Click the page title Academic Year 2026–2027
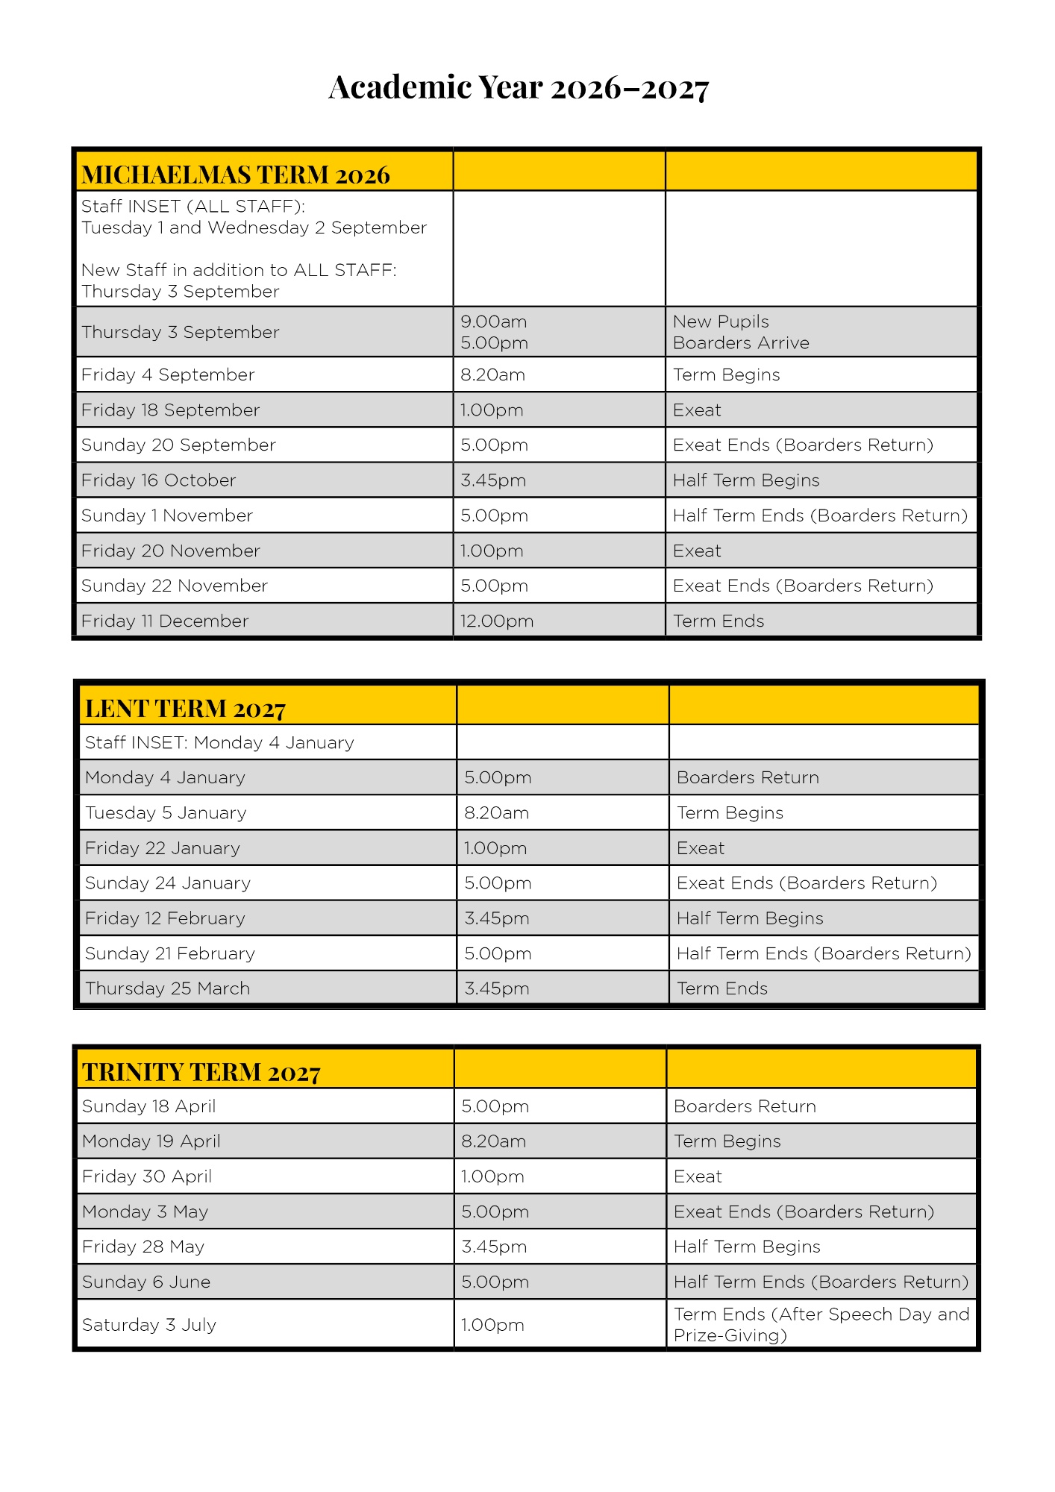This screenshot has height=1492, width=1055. [519, 88]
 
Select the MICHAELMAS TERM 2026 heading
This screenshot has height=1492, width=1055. [235, 175]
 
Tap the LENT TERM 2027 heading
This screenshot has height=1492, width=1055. [185, 708]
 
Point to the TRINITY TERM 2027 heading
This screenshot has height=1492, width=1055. [201, 1072]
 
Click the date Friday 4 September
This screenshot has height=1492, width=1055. [168, 374]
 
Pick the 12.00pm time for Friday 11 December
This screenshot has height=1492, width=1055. [496, 621]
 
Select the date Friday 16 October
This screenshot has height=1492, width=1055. [158, 480]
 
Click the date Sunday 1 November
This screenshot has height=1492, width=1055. [167, 515]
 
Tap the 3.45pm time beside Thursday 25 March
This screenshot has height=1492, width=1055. [496, 988]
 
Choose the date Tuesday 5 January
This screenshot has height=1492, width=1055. [166, 812]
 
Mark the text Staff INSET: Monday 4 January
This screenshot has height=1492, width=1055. [219, 742]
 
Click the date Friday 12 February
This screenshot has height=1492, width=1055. [165, 918]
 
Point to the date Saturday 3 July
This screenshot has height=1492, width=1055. [149, 1325]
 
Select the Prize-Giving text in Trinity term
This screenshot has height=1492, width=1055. [730, 1335]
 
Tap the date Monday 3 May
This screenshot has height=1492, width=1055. [145, 1212]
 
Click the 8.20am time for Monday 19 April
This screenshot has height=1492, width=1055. [493, 1141]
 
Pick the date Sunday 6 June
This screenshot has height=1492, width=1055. [146, 1282]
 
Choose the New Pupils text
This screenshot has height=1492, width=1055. [721, 322]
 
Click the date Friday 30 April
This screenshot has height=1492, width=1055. [147, 1176]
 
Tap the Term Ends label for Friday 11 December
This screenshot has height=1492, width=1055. [719, 621]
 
